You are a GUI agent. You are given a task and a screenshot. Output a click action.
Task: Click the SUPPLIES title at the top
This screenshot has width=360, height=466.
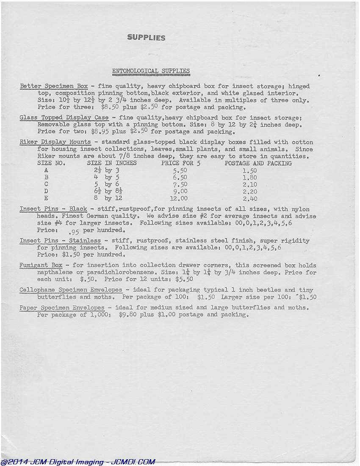point(146,38)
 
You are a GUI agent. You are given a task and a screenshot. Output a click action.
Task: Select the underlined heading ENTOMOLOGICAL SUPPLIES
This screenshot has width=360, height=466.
point(151,71)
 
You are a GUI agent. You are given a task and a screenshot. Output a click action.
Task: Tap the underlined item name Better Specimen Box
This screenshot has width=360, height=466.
point(54,86)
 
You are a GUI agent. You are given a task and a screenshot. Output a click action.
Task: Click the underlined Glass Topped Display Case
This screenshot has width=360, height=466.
point(64,117)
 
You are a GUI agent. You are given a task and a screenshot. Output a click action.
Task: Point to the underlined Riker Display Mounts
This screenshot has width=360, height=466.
point(55,142)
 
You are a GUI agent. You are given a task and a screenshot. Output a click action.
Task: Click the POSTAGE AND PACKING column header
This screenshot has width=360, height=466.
point(258,163)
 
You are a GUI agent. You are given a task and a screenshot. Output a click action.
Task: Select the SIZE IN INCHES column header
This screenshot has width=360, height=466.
point(112,163)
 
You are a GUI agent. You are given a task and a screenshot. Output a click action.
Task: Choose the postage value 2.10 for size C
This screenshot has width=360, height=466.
point(250,184)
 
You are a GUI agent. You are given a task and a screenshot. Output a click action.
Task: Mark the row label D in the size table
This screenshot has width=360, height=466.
point(46,191)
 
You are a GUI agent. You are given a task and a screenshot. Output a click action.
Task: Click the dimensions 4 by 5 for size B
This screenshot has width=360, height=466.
point(106,178)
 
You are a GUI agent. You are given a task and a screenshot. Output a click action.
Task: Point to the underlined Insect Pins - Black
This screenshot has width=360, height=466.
point(53,209)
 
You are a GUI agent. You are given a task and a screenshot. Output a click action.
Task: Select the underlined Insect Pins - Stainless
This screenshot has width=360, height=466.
point(60,241)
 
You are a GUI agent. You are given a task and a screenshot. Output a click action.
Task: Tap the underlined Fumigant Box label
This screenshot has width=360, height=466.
point(41,265)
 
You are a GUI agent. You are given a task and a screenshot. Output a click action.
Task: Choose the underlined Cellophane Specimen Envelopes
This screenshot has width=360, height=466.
point(71,290)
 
